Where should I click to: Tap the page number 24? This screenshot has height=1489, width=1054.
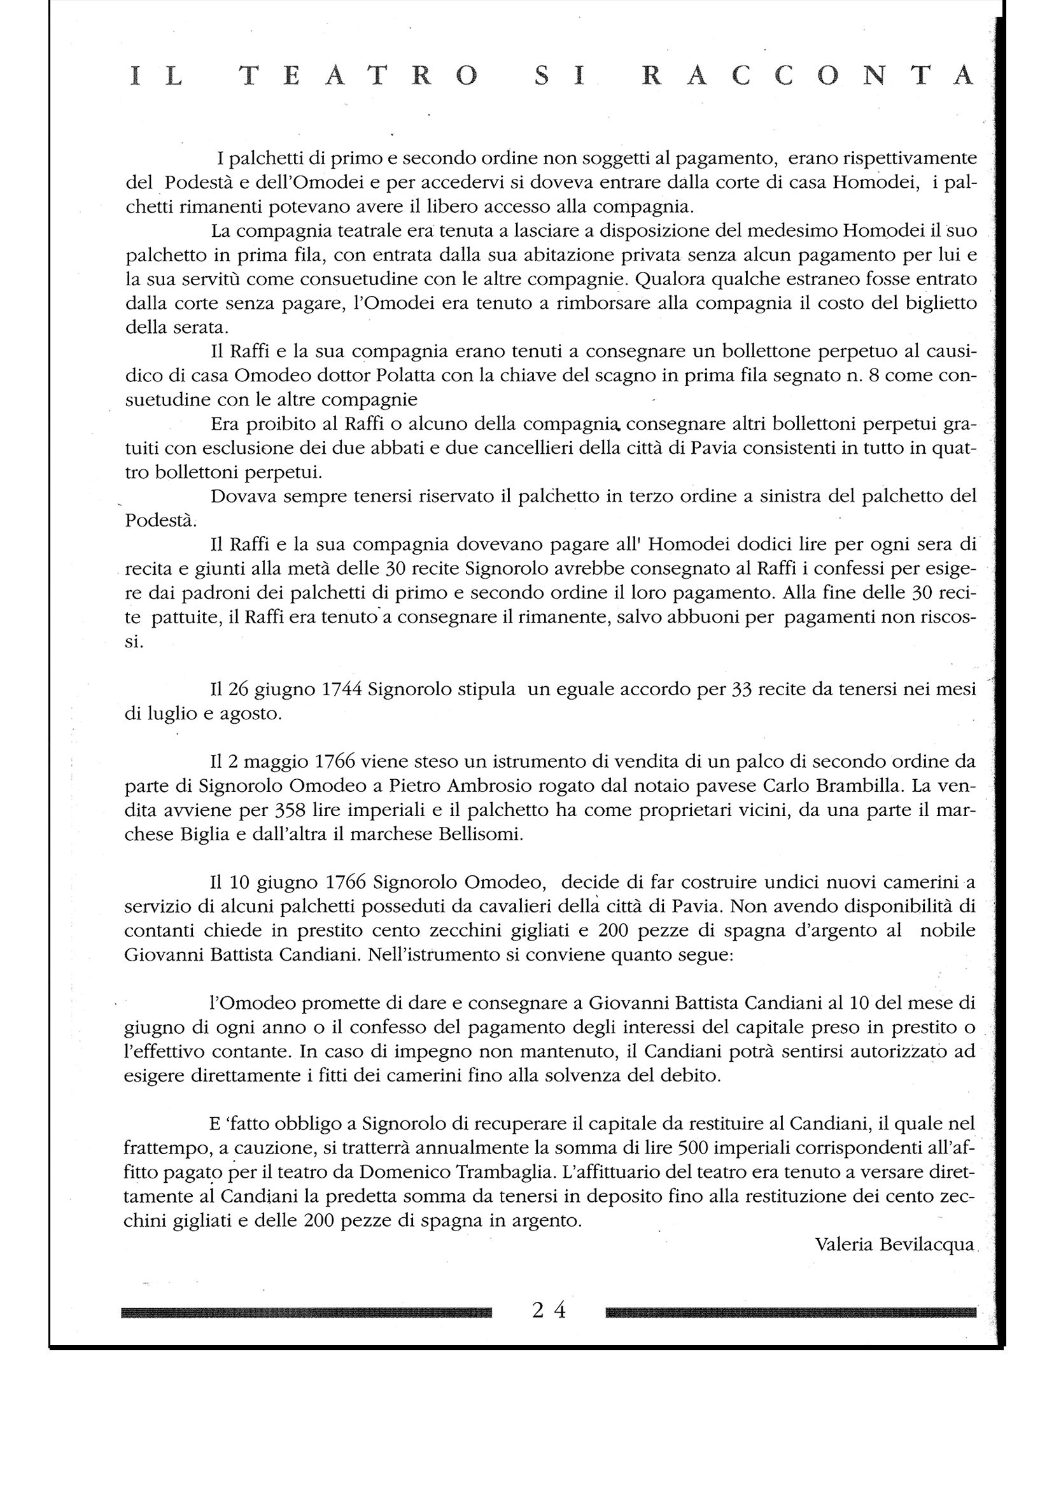(549, 1311)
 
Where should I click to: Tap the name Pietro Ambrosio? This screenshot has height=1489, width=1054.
(454, 786)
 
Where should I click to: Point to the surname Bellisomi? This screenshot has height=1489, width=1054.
(480, 834)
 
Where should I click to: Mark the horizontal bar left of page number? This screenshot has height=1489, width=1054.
(306, 1313)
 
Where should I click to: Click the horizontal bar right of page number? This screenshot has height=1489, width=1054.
(791, 1313)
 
